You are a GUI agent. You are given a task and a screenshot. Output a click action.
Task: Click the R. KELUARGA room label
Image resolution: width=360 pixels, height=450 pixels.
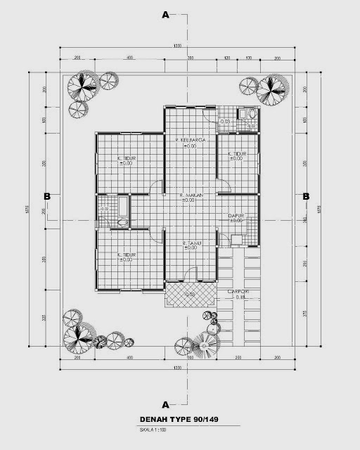point(190,141)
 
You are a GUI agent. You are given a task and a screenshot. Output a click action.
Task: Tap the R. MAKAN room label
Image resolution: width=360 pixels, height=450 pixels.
point(191,195)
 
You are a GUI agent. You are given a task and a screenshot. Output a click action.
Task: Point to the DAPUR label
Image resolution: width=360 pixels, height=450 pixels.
point(236,216)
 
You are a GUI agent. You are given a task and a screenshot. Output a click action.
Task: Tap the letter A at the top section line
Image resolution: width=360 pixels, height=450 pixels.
point(165,14)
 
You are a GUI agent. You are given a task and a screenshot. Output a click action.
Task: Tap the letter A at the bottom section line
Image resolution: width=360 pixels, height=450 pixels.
point(165,404)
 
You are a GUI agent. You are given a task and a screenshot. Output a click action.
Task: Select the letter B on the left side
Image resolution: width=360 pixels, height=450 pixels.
point(46,197)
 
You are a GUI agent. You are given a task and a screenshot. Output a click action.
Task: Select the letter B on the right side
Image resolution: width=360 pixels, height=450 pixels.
point(306,197)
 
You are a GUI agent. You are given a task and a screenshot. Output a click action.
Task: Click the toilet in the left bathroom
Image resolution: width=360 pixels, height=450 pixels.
point(122,223)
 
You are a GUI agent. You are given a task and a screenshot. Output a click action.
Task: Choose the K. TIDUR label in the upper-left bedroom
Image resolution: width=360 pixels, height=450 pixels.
point(127,159)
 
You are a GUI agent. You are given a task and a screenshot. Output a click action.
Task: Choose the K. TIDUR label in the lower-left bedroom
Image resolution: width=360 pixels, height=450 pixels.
point(127,255)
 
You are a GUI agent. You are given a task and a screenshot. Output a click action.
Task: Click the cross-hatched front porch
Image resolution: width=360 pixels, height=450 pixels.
point(189,294)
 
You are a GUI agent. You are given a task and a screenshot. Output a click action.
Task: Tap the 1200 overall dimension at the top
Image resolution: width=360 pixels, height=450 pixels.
point(177,47)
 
